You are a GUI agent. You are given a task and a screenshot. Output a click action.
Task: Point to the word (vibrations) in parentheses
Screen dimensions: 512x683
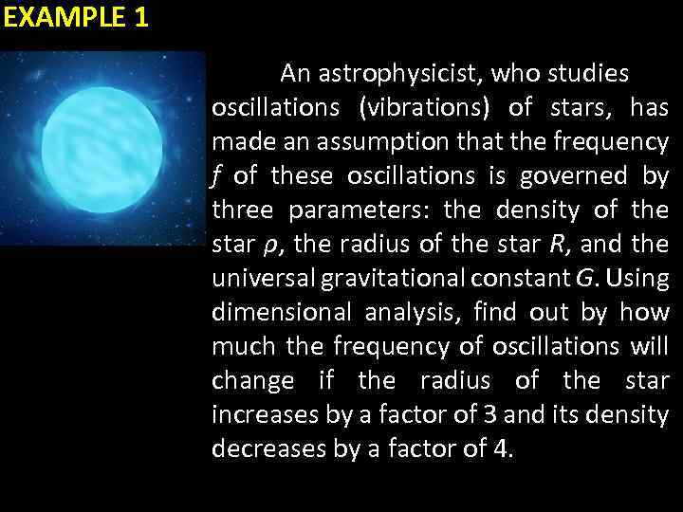click(424, 107)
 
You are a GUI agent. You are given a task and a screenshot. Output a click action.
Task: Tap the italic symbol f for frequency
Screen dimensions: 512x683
click(217, 176)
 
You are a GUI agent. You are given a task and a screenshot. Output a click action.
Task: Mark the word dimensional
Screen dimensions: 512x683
click(276, 312)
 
